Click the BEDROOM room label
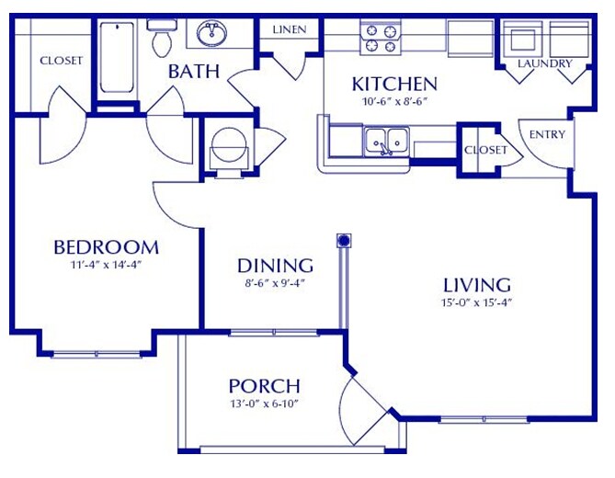click(106, 246)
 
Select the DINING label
click(275, 265)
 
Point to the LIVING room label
click(476, 284)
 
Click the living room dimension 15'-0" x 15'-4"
click(475, 302)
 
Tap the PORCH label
click(264, 386)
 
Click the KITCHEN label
click(394, 85)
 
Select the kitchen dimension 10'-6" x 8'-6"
click(394, 101)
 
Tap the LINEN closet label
click(289, 29)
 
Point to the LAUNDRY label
click(544, 63)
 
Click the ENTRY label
click(548, 134)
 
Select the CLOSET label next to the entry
click(485, 150)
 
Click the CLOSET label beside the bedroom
click(61, 61)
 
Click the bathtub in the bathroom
click(120, 57)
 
